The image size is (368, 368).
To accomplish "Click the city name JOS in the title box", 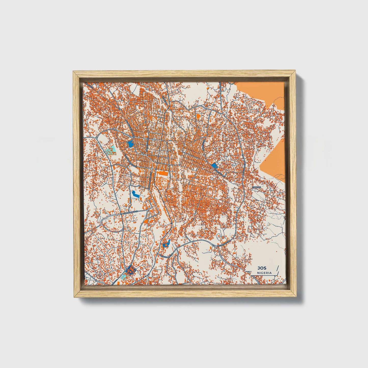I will coord(261,268).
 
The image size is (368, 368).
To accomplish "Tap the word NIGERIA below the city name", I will coord(264,273).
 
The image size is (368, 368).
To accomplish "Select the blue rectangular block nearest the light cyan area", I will coord(130,144).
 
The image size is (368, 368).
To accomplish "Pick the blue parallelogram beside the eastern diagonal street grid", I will coord(214,166).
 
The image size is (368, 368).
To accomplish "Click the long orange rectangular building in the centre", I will coord(162,173).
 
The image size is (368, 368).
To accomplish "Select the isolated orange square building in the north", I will coord(198,116).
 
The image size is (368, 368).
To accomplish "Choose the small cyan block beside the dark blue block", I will coord(123,277).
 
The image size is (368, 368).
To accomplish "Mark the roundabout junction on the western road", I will coord(97,137).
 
